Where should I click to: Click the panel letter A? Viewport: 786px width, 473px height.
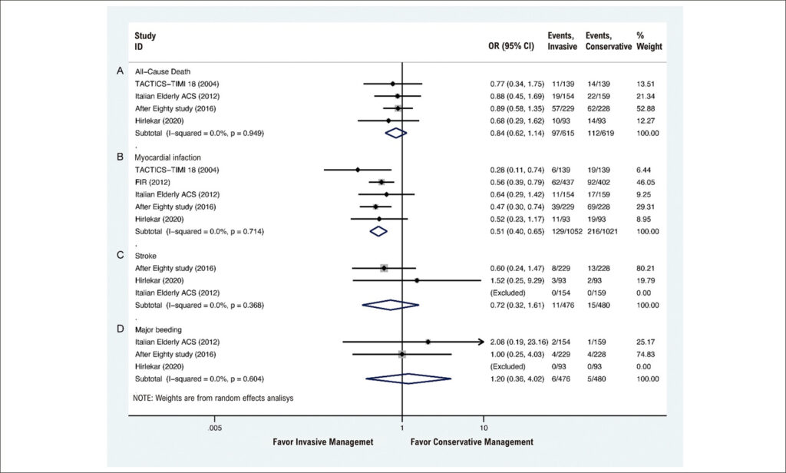120,71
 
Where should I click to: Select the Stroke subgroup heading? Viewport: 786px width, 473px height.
145,256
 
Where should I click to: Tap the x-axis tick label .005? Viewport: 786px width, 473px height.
215,428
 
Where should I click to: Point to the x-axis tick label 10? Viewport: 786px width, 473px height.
484,428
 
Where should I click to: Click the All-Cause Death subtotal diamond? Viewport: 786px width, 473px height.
396,133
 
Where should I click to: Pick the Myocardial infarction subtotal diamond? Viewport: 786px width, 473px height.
378,231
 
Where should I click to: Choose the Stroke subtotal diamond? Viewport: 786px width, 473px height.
391,305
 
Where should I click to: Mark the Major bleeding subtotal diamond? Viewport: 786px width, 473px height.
408,379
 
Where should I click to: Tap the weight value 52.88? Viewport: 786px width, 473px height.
646,108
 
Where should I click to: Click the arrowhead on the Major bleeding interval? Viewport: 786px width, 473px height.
481,342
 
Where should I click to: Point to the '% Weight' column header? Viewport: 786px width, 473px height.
649,41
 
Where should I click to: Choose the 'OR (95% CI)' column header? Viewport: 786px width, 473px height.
511,47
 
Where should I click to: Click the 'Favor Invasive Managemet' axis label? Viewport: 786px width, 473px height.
323,442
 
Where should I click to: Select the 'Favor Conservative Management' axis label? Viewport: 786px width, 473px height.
472,442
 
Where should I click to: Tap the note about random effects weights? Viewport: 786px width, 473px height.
213,399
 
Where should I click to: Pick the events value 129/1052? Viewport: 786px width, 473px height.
564,231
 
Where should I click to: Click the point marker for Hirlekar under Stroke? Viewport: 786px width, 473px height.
417,280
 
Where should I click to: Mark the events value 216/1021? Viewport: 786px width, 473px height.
602,231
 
